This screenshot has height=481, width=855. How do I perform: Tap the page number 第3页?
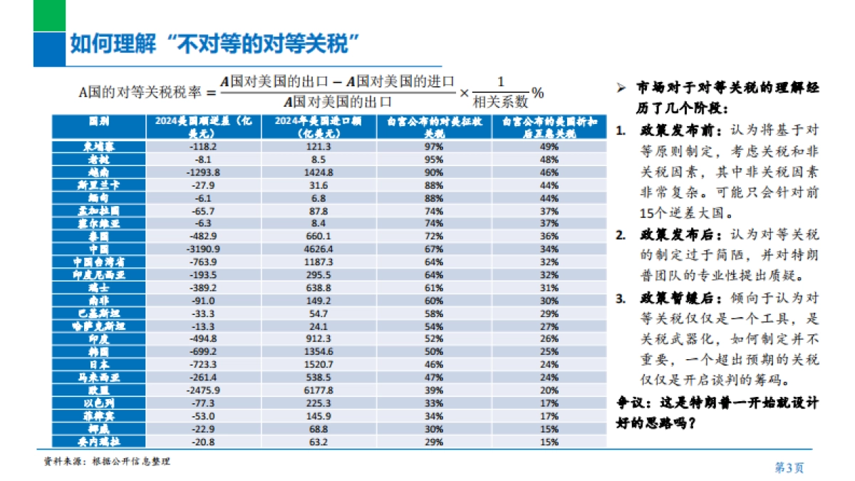point(789,467)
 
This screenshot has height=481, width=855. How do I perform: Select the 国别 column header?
point(98,122)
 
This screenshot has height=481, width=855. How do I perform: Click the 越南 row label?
point(98,172)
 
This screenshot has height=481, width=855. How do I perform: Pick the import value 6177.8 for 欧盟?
point(318,391)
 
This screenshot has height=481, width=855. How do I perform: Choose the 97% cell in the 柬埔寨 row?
point(434,146)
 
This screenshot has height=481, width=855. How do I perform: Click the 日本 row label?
point(98,365)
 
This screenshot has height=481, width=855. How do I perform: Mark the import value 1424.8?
point(318,172)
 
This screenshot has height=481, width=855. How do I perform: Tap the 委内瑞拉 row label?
point(98,442)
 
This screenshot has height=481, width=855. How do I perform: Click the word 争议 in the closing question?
point(630,403)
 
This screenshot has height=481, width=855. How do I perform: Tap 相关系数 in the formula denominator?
point(500,102)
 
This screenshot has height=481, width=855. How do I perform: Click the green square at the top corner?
point(49,15)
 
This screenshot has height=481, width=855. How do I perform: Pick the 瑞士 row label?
point(98,287)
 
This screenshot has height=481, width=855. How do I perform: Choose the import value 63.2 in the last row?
point(318,442)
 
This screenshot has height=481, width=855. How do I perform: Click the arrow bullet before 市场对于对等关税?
point(621,88)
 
